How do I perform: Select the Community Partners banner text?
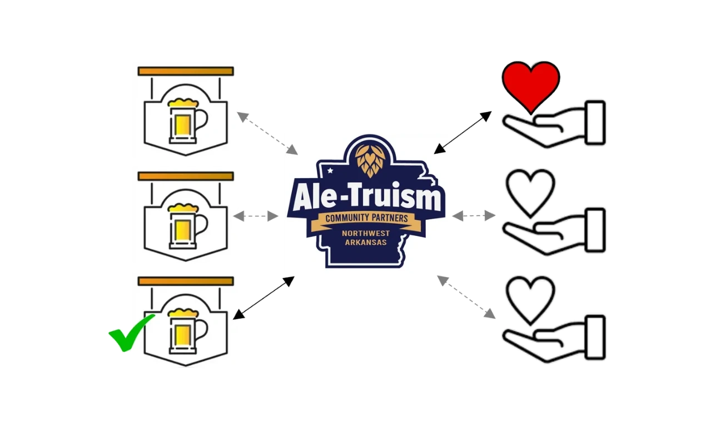point(366,218)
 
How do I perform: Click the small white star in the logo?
point(331,170)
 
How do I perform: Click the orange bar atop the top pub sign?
point(185,71)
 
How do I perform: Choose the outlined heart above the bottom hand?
point(529,299)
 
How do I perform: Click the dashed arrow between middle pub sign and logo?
point(257,216)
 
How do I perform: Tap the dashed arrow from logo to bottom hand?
point(467,298)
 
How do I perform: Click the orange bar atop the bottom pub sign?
point(185,281)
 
